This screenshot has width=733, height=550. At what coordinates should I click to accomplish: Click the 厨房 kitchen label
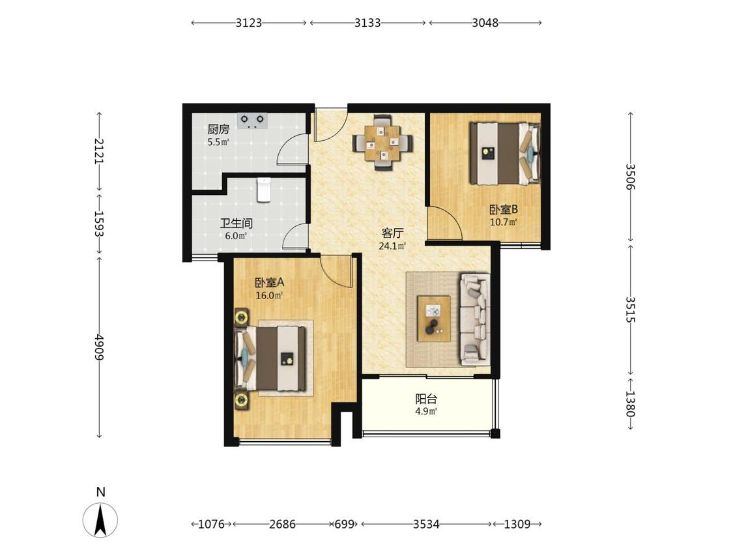[218, 129]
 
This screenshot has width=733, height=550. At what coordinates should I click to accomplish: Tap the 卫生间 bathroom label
[236, 223]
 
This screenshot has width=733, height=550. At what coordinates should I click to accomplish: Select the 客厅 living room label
[392, 233]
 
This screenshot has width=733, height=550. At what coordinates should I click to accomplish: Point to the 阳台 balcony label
[426, 399]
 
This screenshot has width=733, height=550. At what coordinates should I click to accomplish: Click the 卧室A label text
[269, 282]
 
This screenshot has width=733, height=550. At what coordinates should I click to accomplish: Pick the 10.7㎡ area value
[504, 222]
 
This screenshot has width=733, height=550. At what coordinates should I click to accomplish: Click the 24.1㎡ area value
[392, 246]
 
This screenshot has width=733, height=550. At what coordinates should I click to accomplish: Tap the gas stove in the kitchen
[252, 120]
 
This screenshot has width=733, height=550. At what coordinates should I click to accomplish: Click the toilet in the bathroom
[264, 190]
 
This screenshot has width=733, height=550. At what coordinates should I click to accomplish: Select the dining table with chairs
[383, 143]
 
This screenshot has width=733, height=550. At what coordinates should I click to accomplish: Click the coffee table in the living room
[435, 319]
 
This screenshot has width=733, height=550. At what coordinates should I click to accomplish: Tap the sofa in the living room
[476, 319]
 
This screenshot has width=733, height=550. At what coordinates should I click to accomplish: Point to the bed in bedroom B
[506, 153]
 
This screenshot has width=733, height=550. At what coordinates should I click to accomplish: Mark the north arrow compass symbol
[100, 519]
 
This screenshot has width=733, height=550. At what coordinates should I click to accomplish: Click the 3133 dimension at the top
[367, 22]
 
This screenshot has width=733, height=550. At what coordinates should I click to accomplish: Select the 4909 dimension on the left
[98, 347]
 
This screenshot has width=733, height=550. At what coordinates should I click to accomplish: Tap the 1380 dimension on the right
[630, 403]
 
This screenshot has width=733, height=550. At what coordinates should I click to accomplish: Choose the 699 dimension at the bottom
[345, 525]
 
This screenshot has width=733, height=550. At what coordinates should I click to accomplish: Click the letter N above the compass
[100, 492]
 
